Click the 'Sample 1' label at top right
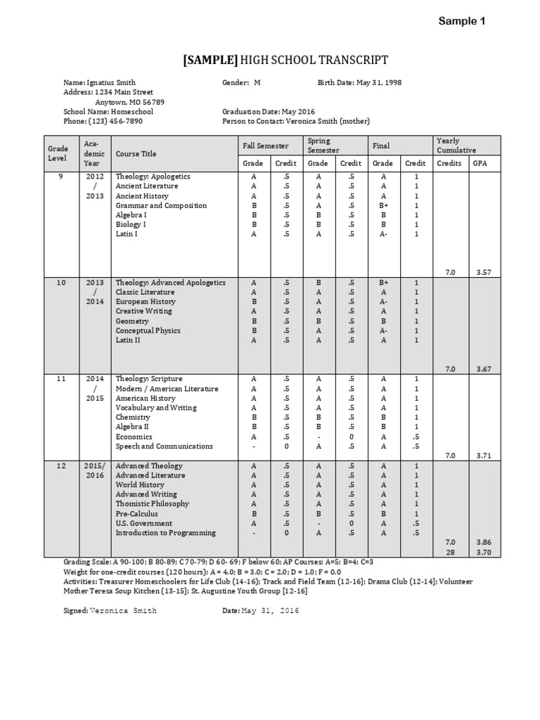[462, 21]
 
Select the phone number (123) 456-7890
[115, 121]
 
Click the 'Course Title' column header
[136, 154]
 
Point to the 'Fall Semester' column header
[266, 146]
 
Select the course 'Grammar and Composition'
[161, 205]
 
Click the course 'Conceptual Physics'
[148, 330]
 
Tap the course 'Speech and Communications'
[164, 446]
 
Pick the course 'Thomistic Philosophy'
[152, 504]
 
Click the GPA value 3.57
[483, 271]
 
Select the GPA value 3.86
[483, 543]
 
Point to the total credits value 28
[451, 553]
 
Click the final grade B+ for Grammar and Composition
[383, 205]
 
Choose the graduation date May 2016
[298, 111]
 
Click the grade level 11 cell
[61, 378]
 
